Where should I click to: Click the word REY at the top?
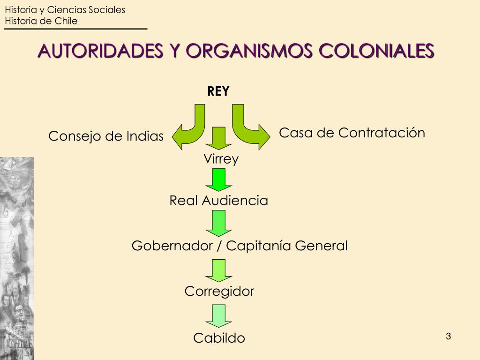click(x=218, y=91)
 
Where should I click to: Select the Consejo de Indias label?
click(x=106, y=136)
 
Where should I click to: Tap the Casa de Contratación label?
click(x=352, y=133)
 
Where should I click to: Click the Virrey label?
click(x=221, y=159)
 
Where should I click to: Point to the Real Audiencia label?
click(x=218, y=201)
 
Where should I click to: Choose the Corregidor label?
click(x=219, y=292)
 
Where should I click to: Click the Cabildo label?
click(x=219, y=338)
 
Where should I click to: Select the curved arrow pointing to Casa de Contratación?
click(x=249, y=129)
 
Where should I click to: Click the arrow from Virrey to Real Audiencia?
click(x=219, y=180)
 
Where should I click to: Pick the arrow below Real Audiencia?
click(x=219, y=223)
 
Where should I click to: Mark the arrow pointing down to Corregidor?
click(x=219, y=270)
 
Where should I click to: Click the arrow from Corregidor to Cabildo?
click(x=219, y=315)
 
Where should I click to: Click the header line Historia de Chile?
click(x=41, y=21)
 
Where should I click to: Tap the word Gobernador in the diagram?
click(x=172, y=246)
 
